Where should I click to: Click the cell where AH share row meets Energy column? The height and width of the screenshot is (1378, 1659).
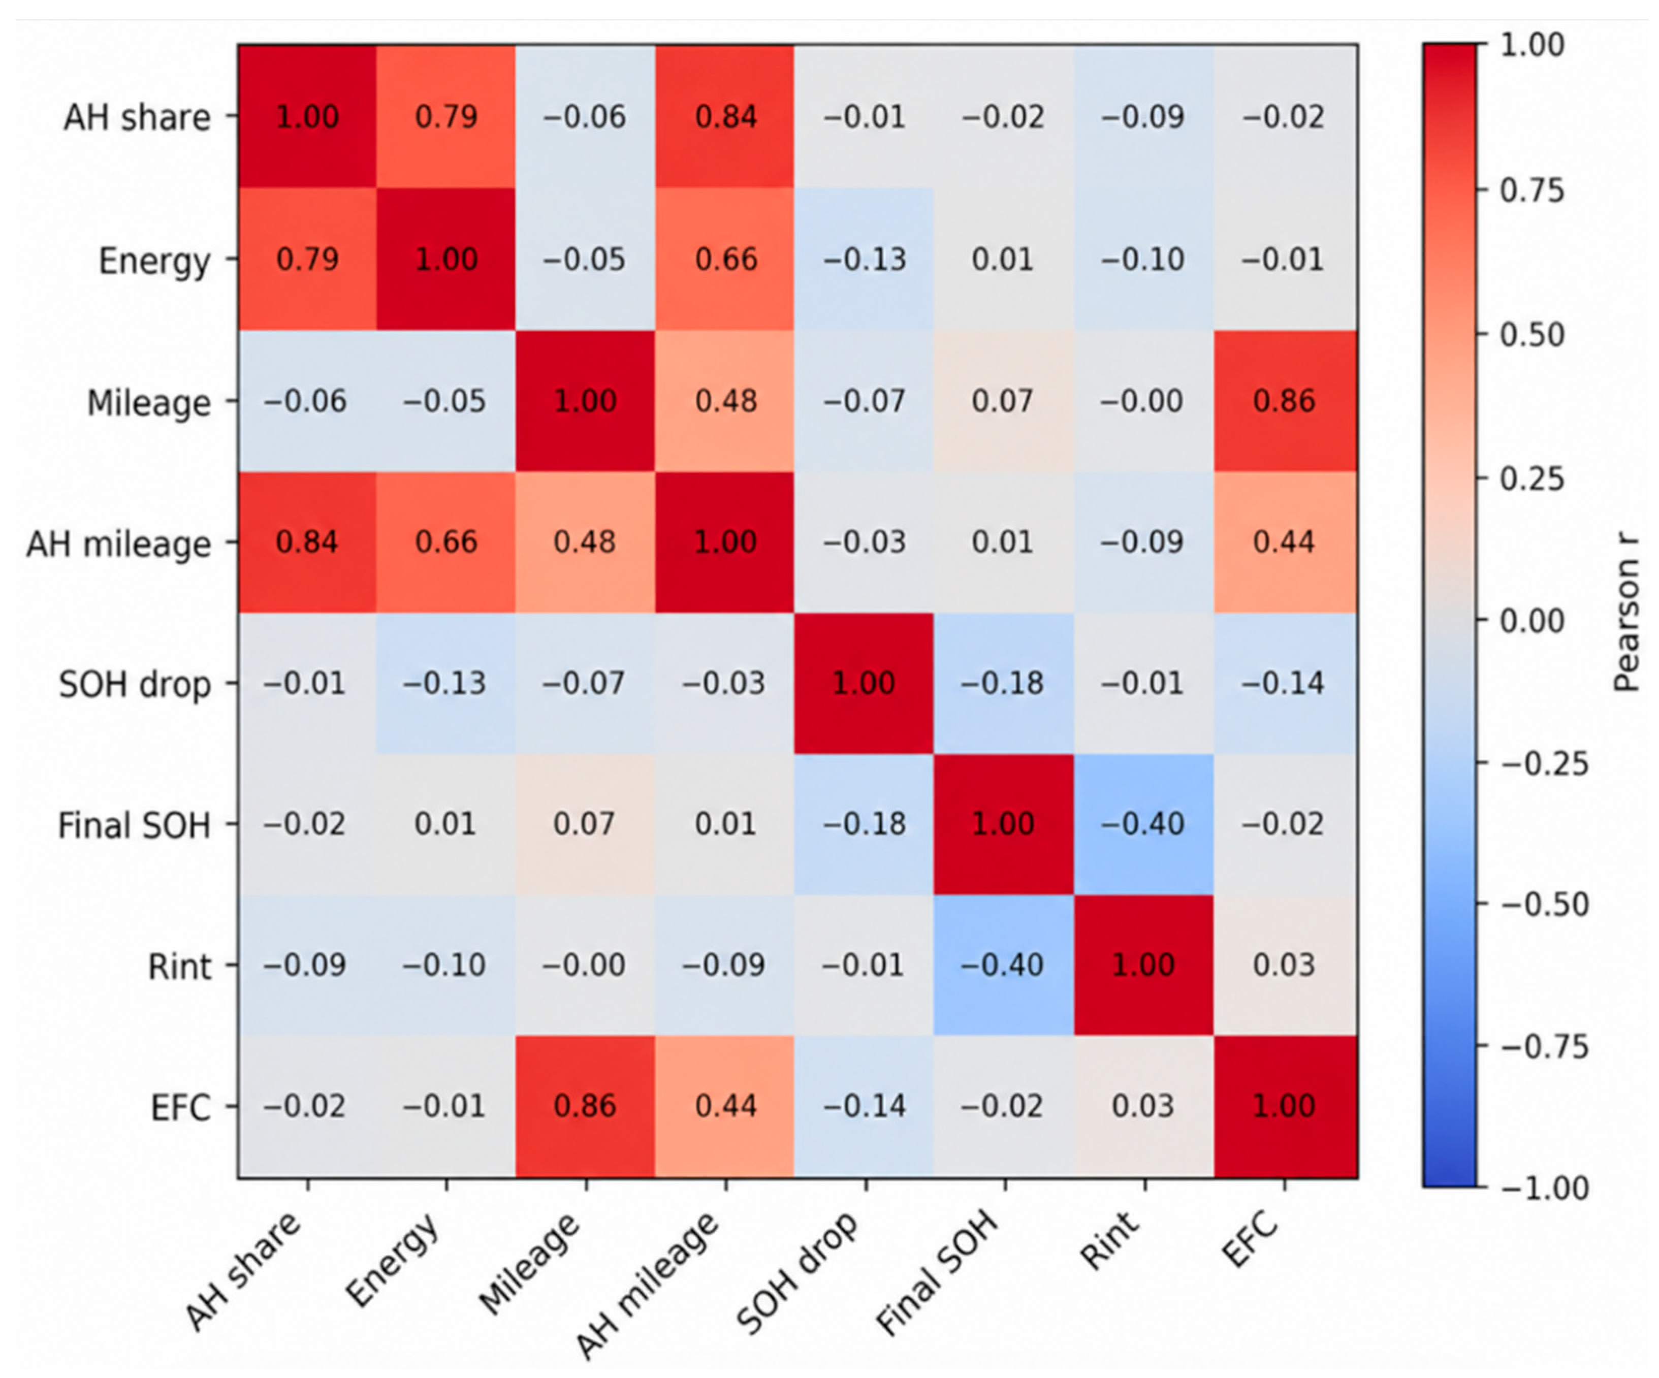tap(446, 117)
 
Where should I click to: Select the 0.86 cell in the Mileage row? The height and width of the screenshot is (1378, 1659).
tap(1285, 401)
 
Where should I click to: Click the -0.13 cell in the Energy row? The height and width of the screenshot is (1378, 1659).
tap(864, 259)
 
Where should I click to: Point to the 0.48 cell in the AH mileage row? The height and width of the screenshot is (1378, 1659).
tap(585, 542)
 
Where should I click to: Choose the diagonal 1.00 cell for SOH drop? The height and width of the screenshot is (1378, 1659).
tap(864, 684)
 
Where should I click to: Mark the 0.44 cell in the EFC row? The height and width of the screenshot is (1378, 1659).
tap(725, 1106)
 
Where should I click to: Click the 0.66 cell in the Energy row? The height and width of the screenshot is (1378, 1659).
tap(725, 259)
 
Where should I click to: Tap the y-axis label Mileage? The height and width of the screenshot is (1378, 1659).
tap(148, 403)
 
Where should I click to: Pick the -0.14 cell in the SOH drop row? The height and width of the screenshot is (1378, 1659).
tap(1285, 684)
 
